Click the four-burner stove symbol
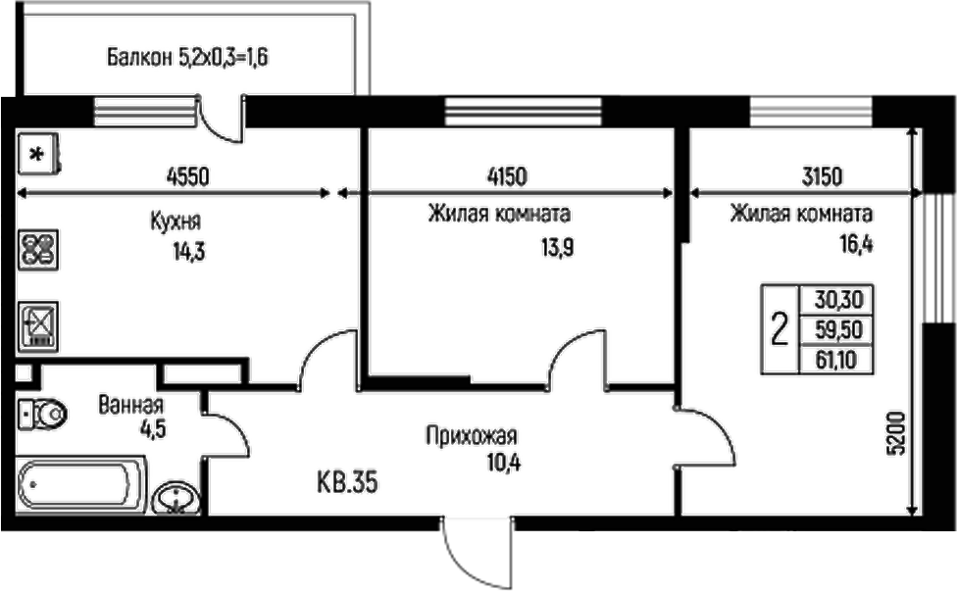[39, 249]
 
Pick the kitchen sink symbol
[39, 324]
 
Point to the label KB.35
[347, 481]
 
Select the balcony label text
[187, 58]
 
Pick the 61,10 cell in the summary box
[835, 359]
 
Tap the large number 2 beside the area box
[780, 328]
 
